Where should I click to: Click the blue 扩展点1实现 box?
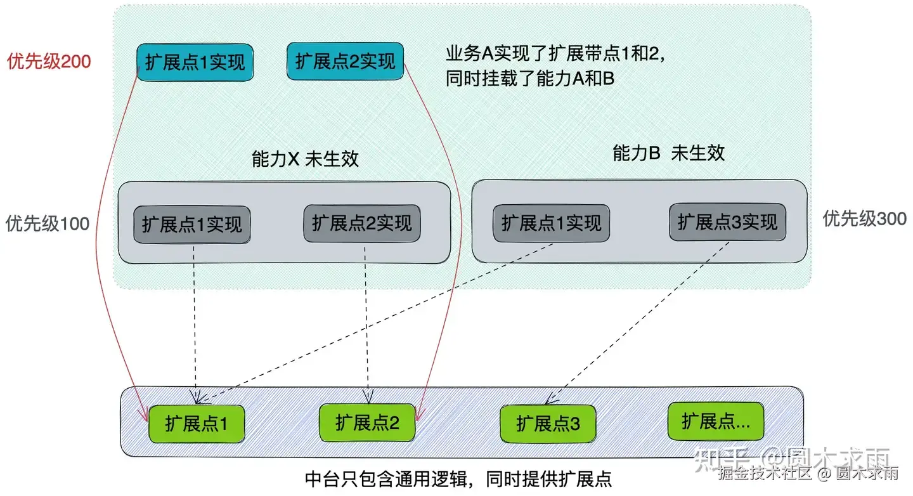[195, 62]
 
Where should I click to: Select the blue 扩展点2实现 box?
[346, 61]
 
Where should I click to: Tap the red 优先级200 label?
[49, 62]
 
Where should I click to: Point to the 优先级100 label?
[48, 223]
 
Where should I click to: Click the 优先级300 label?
[864, 219]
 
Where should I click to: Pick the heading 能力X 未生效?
[305, 159]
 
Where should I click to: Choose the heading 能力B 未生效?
[668, 153]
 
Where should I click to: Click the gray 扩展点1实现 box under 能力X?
[192, 225]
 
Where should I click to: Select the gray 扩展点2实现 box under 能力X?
[362, 223]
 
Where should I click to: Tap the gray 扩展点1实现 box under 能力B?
[552, 223]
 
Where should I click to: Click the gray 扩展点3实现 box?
[727, 222]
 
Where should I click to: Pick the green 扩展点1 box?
[196, 424]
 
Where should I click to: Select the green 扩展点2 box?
[367, 422]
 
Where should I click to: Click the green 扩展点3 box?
[548, 424]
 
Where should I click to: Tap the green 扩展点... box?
[716, 421]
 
